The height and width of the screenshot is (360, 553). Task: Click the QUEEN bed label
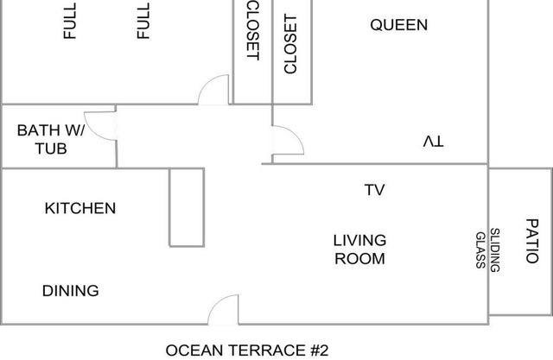tap(399, 25)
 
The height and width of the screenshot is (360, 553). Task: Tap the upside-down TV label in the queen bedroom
tap(434, 142)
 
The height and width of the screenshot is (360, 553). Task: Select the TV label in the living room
tap(374, 190)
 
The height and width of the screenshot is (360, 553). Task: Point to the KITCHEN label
tap(80, 208)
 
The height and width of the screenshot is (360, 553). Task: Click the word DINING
tap(71, 291)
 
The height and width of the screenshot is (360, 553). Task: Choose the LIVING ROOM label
tap(359, 249)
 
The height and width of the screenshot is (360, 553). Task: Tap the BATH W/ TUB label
tap(51, 140)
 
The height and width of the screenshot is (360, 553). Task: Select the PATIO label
tap(532, 241)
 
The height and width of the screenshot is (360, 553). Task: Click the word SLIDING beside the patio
tap(495, 250)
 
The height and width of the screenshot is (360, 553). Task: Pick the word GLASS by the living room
tap(480, 250)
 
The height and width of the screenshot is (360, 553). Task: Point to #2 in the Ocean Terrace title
tap(319, 351)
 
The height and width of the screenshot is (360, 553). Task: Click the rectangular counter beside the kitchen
tap(187, 207)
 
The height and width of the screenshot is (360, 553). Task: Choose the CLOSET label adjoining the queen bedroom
tap(290, 44)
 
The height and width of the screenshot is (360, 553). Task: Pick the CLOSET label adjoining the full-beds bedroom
tap(253, 30)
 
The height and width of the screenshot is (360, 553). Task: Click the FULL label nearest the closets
tap(143, 21)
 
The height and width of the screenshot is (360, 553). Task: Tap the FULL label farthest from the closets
tap(70, 21)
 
